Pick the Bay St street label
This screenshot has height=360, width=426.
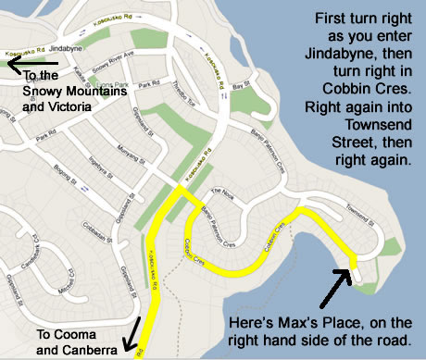click(243, 86)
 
